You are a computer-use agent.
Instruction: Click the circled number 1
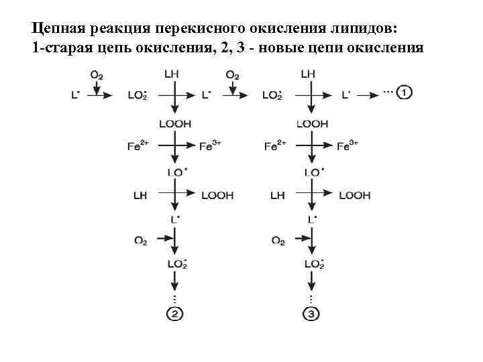point(405,93)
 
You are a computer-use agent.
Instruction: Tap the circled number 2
point(175,314)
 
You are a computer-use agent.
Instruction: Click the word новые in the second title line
point(290,48)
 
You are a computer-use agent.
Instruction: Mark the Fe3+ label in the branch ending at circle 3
point(347,145)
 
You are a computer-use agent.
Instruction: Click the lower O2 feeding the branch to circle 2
point(140,240)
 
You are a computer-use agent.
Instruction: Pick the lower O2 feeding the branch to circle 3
point(278,240)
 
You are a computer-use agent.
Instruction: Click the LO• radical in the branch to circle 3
point(313,172)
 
